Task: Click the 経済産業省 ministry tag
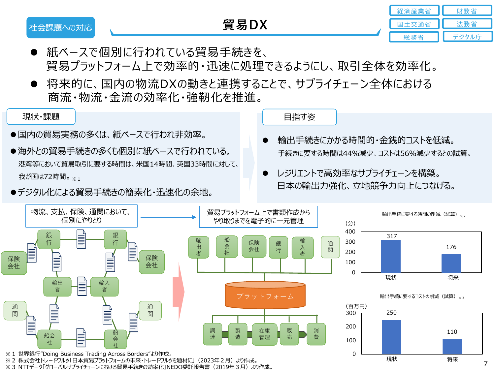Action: tap(414, 11)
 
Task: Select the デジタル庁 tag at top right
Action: tap(467, 37)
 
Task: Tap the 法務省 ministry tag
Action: tap(467, 24)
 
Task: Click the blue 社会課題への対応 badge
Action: tap(61, 27)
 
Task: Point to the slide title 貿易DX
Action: tap(245, 25)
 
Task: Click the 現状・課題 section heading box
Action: tap(41, 117)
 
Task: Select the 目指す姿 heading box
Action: tap(299, 117)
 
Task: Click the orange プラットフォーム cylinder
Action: tap(265, 296)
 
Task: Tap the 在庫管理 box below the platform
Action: tap(264, 334)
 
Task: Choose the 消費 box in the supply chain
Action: tap(316, 334)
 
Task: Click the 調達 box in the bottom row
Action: tap(213, 334)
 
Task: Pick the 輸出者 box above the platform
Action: tap(199, 247)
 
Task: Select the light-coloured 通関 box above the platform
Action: tap(330, 247)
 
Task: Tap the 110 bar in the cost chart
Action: tap(452, 346)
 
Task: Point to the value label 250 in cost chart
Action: tap(391, 313)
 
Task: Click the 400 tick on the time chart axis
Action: tap(350, 232)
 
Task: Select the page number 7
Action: tap(485, 363)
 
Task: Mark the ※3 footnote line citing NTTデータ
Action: tap(139, 367)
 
